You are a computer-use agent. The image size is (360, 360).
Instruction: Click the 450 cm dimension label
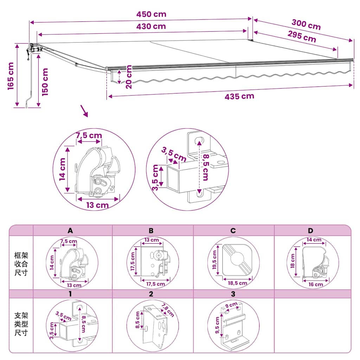click(151, 14)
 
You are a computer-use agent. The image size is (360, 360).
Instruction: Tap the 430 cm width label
click(151, 26)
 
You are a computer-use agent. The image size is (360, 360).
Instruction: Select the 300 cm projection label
click(306, 25)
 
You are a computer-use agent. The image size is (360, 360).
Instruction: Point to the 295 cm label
click(302, 37)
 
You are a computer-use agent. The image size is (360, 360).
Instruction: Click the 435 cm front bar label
click(239, 96)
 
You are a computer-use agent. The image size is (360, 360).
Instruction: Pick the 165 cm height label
click(11, 76)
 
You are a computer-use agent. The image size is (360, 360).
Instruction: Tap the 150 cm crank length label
click(45, 82)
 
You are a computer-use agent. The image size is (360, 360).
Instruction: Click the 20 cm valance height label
click(129, 77)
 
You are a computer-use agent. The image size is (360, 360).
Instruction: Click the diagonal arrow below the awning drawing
click(84, 111)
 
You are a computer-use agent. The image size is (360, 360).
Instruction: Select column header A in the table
click(70, 231)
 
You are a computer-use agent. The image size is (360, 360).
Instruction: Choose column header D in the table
click(310, 231)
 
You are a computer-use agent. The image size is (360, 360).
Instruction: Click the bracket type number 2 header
click(151, 294)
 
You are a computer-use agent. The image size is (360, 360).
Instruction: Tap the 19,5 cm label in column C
click(214, 260)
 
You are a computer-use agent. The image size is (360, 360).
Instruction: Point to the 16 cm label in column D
click(316, 284)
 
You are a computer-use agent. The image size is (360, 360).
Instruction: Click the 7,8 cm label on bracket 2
click(168, 310)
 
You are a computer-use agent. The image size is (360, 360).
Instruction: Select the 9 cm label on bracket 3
click(231, 305)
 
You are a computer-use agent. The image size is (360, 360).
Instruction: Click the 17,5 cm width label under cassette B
click(156, 284)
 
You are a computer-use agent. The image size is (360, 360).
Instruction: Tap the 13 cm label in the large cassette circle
click(97, 205)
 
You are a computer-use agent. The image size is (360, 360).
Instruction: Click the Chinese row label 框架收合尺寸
click(21, 264)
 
